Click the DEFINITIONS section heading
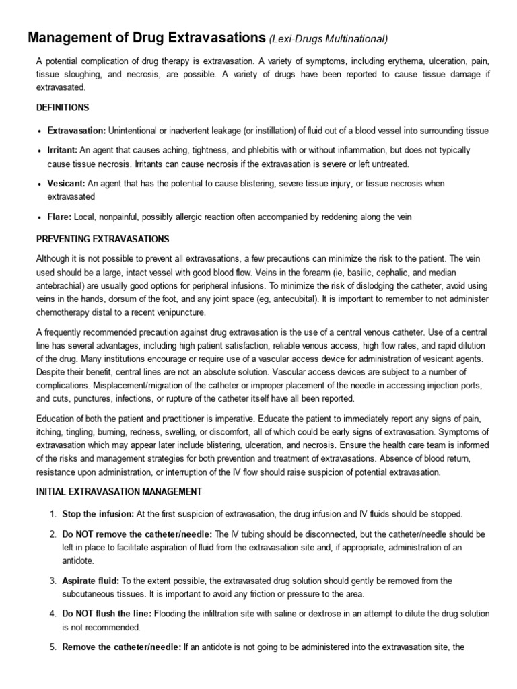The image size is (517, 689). pos(62,108)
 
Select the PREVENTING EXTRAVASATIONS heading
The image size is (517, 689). pos(102,239)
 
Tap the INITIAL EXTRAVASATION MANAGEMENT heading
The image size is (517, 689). pos(118,492)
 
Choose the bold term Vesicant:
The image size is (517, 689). pos(66,184)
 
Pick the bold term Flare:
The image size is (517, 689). pos(59,217)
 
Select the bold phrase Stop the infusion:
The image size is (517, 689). pos(98,514)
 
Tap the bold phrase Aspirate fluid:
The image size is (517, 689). pos(90,581)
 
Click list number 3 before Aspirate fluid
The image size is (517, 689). pos(52,581)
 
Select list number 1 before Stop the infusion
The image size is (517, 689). pos(52,514)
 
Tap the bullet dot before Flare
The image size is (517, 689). pos(40,217)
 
